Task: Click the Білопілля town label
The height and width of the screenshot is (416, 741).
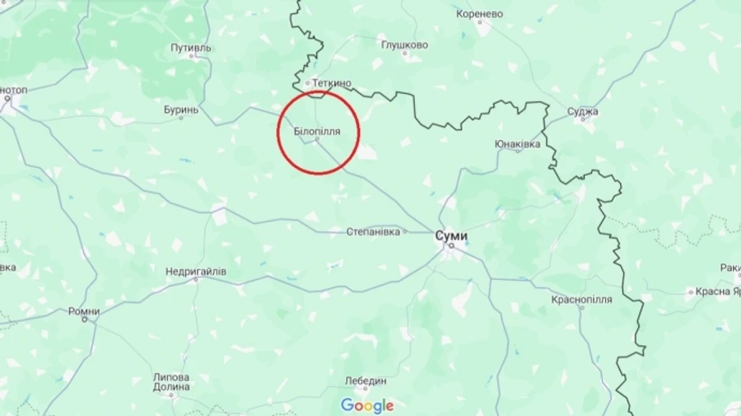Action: point(317,131)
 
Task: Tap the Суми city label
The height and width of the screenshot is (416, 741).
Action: point(451,235)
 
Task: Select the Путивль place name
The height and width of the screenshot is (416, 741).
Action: point(191,48)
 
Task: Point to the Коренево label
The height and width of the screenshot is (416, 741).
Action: point(479,14)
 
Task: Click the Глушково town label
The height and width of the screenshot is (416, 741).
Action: point(404,45)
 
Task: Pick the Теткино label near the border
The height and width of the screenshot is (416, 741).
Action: point(332,83)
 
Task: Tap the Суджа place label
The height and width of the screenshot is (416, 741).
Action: point(583,111)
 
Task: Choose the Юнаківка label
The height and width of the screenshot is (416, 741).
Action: point(518,143)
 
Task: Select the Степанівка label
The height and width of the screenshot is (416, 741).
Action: point(373,231)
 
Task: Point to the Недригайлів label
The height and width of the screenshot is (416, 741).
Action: point(196,271)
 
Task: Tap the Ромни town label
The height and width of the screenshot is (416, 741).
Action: point(84,311)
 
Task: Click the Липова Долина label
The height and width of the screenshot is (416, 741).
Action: point(171,382)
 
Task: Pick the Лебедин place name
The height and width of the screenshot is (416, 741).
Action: point(365,381)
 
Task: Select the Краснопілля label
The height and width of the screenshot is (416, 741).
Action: point(582,299)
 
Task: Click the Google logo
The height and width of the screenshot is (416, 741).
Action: point(367,405)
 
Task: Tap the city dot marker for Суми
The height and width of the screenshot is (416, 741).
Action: point(451,245)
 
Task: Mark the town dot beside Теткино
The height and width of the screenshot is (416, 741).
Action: point(307,83)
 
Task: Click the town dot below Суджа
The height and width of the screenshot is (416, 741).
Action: point(583,120)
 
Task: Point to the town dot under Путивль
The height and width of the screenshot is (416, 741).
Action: point(192,57)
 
